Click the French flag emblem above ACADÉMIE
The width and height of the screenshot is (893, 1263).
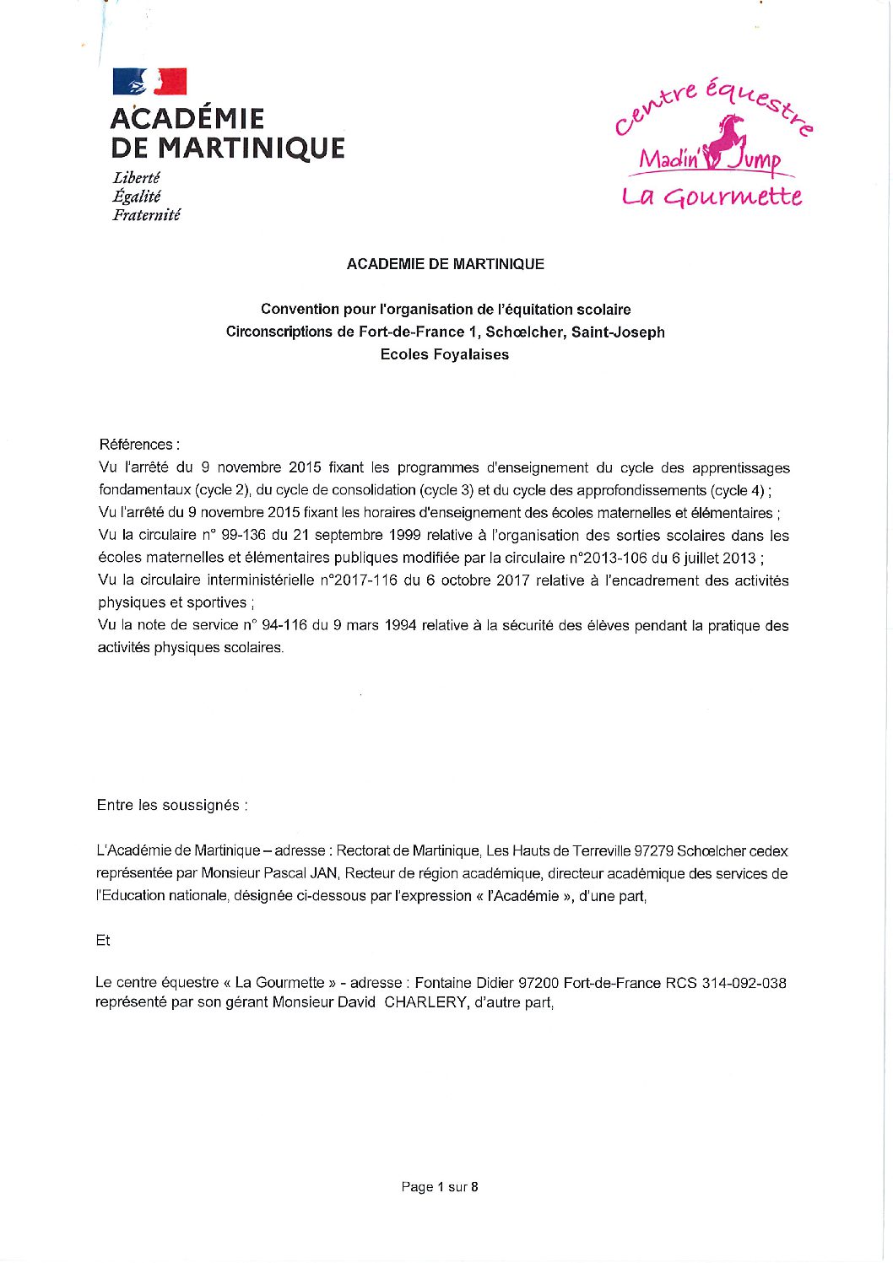[x=149, y=82]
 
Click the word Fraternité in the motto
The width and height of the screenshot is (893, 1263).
[x=146, y=215]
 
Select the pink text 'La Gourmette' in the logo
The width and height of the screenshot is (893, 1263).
[x=712, y=197]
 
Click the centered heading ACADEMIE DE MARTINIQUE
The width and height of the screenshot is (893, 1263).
[x=445, y=264]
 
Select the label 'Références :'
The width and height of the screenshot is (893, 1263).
[x=139, y=445]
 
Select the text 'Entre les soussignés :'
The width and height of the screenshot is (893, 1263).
[x=172, y=805]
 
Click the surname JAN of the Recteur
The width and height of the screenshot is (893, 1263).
[x=323, y=873]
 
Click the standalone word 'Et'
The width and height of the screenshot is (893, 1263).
[x=103, y=940]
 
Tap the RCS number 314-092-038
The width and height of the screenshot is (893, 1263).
[x=744, y=983]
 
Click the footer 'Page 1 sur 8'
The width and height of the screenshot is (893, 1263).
[x=440, y=1187]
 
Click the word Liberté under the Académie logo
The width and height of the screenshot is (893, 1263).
[x=136, y=178]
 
